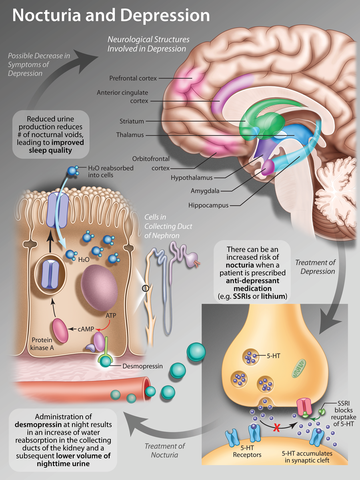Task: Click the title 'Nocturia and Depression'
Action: (x=111, y=15)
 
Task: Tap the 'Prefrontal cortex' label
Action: (x=133, y=78)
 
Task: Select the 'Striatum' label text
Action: (x=132, y=121)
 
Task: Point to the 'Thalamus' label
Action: (x=130, y=135)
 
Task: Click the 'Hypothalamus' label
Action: (x=192, y=177)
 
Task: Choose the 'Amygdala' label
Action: (x=205, y=191)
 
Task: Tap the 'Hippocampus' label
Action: (x=208, y=205)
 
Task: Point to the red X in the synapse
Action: (x=277, y=428)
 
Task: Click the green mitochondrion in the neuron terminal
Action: (x=298, y=368)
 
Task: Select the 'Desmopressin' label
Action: (x=142, y=366)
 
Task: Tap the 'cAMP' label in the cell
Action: (x=86, y=329)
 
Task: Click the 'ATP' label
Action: (x=111, y=316)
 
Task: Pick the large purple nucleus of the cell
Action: (x=99, y=288)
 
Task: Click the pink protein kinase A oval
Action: (x=60, y=331)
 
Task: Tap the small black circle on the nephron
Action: (x=146, y=289)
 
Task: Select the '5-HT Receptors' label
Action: (x=247, y=451)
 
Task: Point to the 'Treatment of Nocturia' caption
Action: (x=164, y=450)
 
